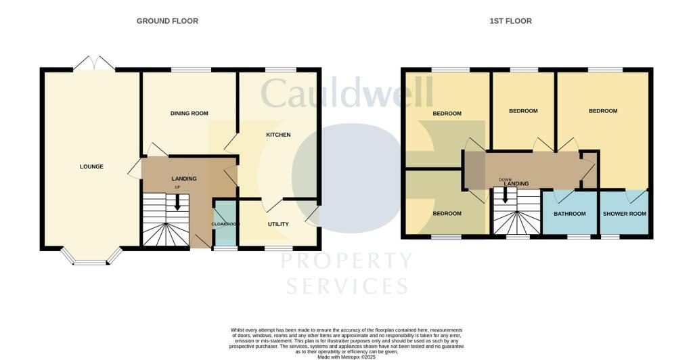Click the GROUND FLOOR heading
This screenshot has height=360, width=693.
(x=167, y=21)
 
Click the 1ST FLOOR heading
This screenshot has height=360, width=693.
(x=510, y=21)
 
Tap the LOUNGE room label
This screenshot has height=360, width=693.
(x=91, y=166)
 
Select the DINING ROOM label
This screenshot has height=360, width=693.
(x=189, y=114)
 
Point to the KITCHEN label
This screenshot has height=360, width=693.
(x=277, y=135)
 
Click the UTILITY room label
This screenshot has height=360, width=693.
(x=278, y=225)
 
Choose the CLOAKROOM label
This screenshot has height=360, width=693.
(x=225, y=224)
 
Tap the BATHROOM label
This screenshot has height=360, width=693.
(x=569, y=214)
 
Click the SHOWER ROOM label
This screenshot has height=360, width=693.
(x=624, y=214)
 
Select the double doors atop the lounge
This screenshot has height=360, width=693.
(x=94, y=63)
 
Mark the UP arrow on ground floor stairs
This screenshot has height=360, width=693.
(x=177, y=202)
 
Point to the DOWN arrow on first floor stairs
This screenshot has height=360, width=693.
(x=505, y=196)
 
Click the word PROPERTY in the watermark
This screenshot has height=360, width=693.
(x=346, y=261)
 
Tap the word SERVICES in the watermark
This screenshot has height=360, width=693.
(x=346, y=285)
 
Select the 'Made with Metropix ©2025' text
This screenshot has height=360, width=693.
(x=346, y=357)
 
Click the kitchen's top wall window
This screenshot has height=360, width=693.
(x=280, y=69)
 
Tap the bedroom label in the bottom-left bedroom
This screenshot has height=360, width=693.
(x=447, y=214)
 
